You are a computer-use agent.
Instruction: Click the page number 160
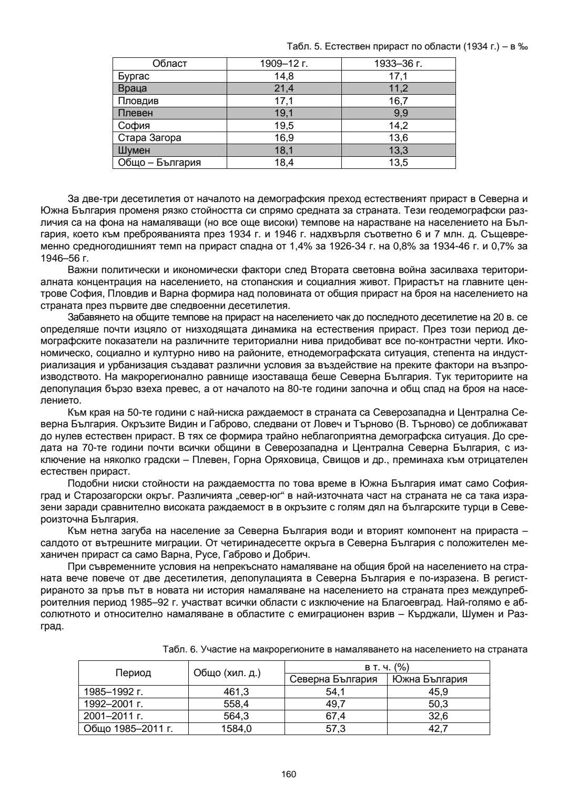[289, 774]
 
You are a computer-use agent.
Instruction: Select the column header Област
[169, 64]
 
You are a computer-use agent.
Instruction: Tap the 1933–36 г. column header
[398, 64]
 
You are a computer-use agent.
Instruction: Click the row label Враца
[133, 88]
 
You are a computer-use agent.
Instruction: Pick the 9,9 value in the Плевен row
[401, 113]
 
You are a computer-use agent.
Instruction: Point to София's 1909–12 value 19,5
[284, 126]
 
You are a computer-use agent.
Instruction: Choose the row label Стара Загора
[149, 138]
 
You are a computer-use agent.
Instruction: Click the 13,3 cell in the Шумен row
[398, 150]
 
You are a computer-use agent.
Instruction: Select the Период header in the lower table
[133, 673]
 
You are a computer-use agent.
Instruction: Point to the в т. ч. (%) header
[387, 667]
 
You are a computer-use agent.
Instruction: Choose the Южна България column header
[438, 679]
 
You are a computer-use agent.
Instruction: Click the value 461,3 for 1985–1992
[236, 692]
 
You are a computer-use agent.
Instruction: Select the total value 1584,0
[236, 729]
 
